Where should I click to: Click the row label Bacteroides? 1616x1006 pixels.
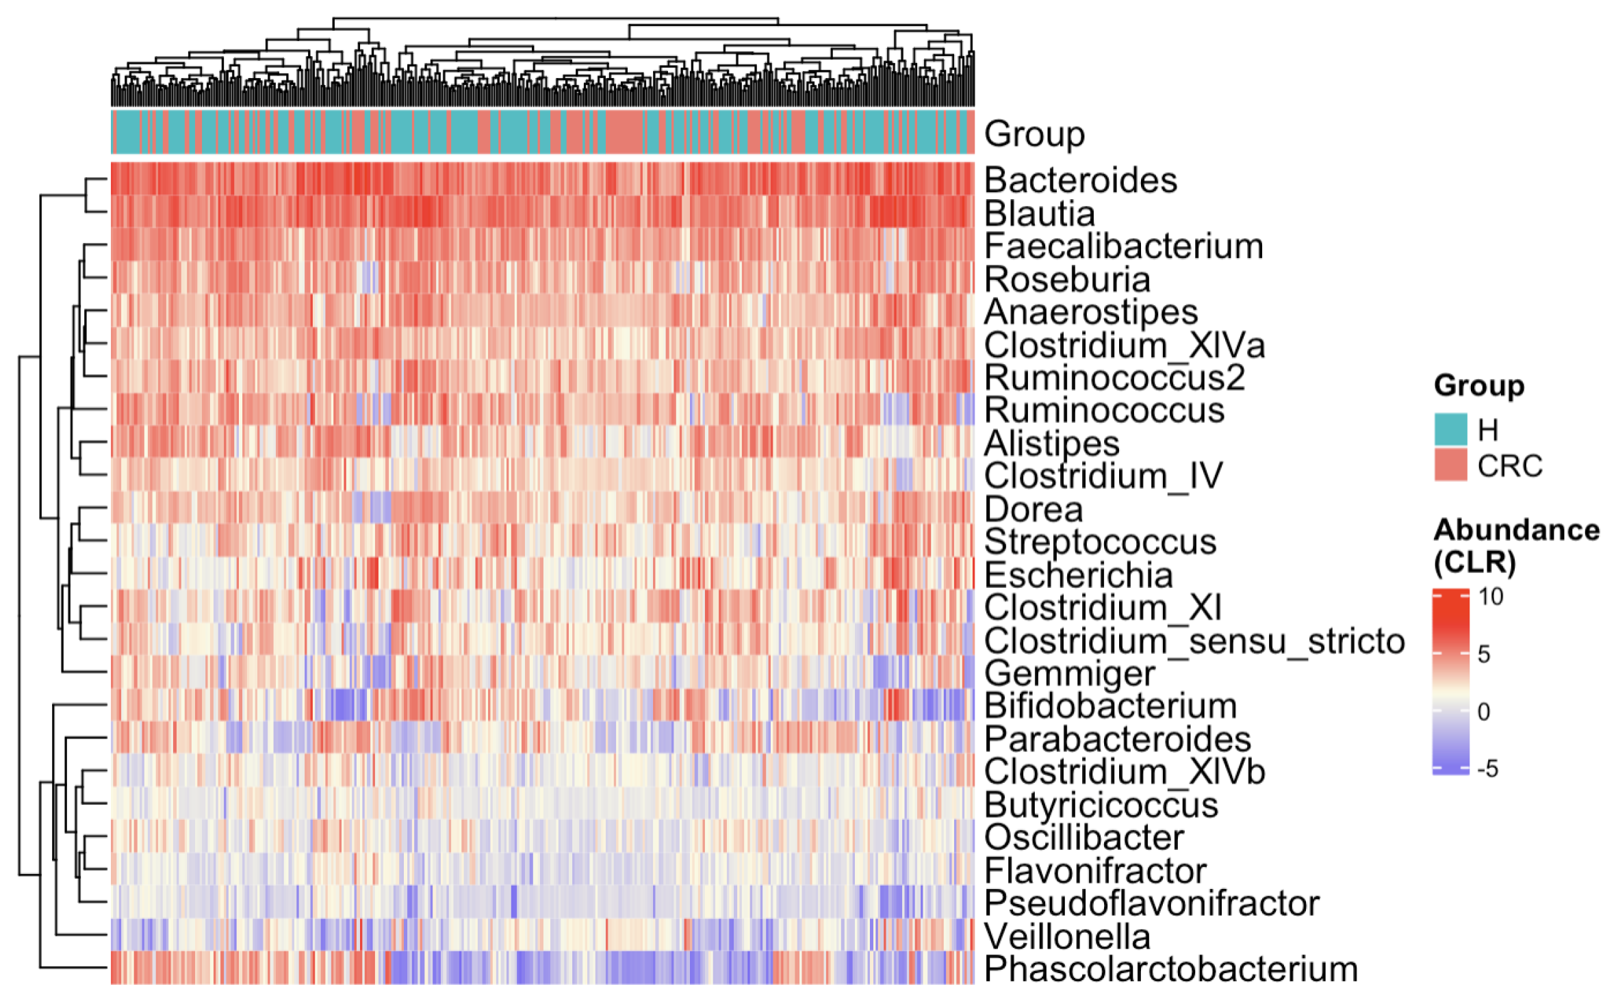1079,181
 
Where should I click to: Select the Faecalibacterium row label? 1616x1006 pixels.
1123,246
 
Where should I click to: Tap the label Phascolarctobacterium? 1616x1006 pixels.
1170,970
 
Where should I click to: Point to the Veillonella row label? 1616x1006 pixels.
1066,937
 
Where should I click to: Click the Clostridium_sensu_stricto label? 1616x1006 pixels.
1194,641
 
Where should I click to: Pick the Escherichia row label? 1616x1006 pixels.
1078,575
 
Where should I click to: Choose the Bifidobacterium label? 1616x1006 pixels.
1110,706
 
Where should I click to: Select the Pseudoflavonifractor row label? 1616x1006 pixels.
1151,904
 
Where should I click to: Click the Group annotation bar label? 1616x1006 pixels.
1034,133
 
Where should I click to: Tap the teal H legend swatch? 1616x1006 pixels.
1450,430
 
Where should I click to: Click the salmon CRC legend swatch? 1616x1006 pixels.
1450,465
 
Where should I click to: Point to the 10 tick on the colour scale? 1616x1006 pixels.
1490,597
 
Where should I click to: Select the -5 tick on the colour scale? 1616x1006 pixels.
1487,769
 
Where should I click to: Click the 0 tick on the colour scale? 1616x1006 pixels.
1484,712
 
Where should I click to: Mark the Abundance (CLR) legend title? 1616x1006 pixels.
1515,546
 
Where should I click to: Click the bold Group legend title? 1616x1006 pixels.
1478,386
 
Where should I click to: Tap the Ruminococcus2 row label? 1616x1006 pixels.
1114,378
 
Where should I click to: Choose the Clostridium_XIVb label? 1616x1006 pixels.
1124,772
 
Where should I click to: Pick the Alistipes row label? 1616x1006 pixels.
1051,443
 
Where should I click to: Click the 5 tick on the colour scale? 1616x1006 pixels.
1484,654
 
